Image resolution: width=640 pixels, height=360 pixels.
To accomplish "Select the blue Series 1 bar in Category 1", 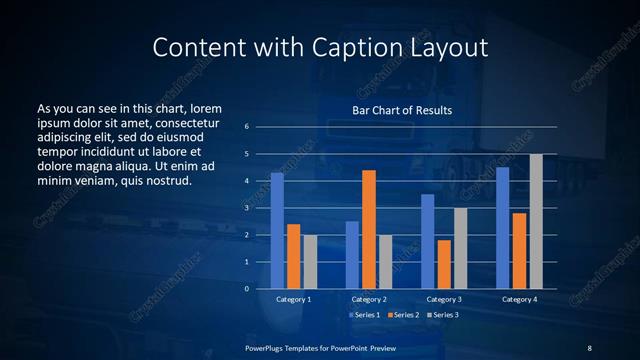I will click(277, 231).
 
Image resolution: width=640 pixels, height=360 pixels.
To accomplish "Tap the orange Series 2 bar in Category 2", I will click(369, 229).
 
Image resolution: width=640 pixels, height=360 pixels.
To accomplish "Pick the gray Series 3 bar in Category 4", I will click(536, 221).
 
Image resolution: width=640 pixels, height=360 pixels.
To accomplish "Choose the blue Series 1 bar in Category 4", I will click(503, 228).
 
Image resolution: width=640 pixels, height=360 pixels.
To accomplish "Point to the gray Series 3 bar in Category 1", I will click(310, 262).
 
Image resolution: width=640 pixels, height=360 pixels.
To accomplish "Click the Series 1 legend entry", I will click(364, 315).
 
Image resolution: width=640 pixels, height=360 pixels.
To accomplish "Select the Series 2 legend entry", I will click(402, 315).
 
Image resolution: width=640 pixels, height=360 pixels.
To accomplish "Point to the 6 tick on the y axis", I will click(246, 127).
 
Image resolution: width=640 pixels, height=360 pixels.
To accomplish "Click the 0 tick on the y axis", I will click(246, 289).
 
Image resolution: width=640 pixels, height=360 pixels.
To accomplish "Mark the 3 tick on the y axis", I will click(246, 208).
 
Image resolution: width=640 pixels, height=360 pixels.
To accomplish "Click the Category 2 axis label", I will click(369, 299).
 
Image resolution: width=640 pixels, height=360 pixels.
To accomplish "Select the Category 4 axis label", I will click(519, 299).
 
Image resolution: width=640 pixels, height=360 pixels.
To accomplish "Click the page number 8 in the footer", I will click(590, 347).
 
